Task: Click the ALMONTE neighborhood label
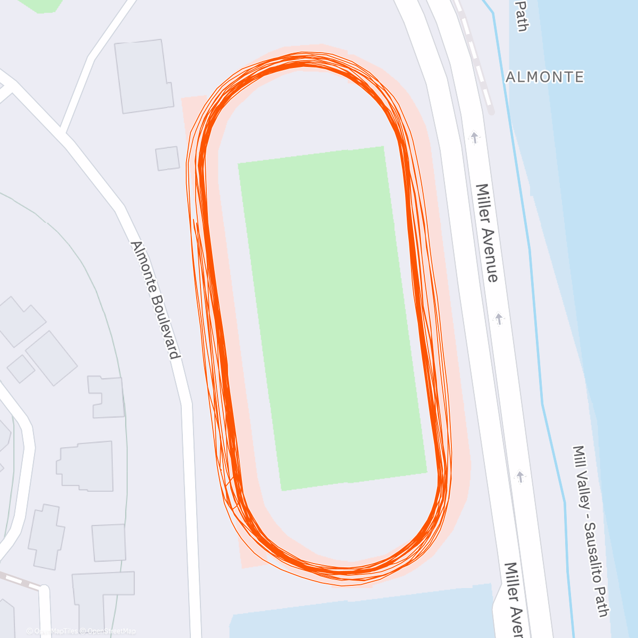[544, 77]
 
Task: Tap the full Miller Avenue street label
[487, 232]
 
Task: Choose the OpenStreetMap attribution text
[112, 631]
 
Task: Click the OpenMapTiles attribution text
[55, 631]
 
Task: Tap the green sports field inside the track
[332, 318]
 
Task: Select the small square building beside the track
[167, 158]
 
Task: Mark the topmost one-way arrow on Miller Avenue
[474, 138]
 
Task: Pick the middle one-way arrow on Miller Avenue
[499, 319]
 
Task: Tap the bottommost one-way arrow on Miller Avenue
[520, 476]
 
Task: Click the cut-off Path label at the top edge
[522, 16]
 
